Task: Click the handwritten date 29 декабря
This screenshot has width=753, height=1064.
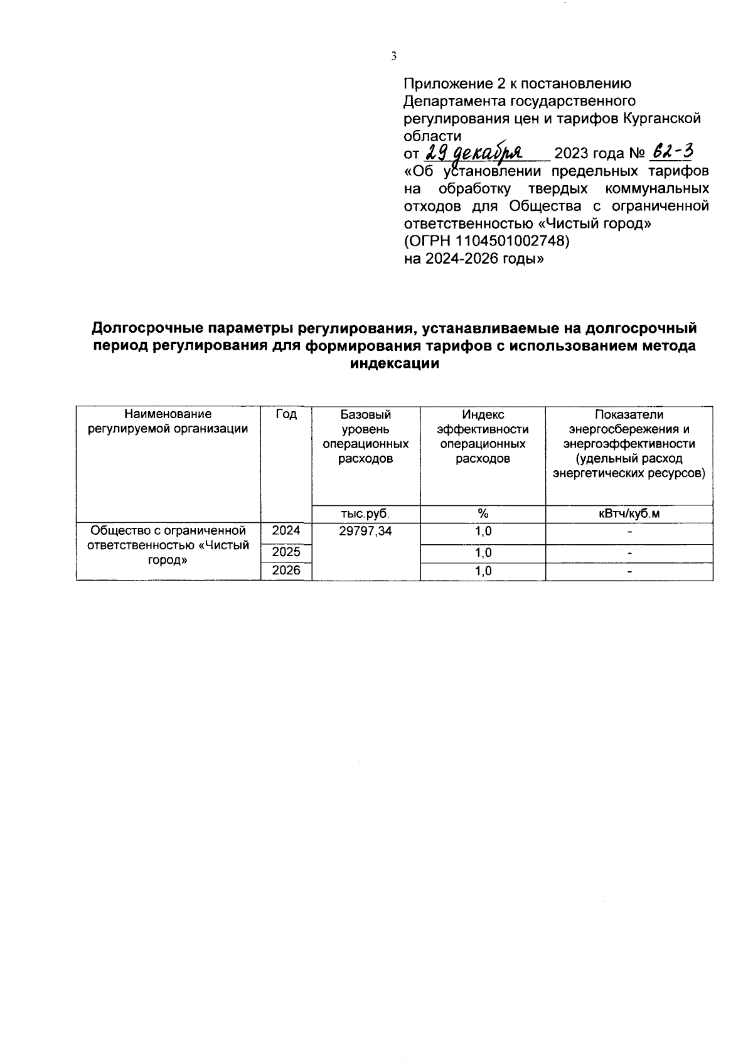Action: [x=478, y=153]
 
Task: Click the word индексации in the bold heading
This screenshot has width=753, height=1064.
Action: [x=393, y=363]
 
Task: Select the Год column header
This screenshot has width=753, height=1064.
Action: [x=286, y=415]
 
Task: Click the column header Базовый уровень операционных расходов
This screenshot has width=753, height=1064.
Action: [x=365, y=436]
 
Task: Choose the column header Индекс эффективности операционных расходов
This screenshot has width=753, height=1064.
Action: [x=483, y=436]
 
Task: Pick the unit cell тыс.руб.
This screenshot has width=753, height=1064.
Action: [x=365, y=514]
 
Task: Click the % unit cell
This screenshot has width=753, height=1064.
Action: [x=483, y=514]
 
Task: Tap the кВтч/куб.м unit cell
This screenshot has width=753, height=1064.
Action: [x=629, y=514]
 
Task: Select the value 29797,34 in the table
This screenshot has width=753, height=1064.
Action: [x=365, y=532]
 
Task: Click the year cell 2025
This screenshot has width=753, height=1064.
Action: [x=286, y=552]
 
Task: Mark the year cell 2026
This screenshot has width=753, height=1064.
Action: [x=286, y=571]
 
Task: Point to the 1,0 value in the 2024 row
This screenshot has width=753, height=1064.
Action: [x=483, y=532]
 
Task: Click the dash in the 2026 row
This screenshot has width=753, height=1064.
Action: [x=629, y=572]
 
